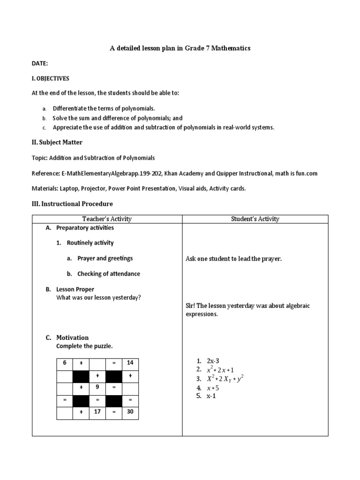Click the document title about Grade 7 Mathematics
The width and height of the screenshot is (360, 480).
click(x=180, y=48)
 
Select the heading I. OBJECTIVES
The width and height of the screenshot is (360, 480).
click(x=50, y=78)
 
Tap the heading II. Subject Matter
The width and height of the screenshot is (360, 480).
click(x=57, y=142)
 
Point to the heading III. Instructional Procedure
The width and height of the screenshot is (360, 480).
click(x=72, y=204)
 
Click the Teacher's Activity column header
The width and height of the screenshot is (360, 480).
click(x=107, y=219)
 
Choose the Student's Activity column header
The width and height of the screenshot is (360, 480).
click(x=255, y=219)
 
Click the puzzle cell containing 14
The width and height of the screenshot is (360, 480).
click(x=130, y=363)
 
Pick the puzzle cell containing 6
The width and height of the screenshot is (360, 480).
click(x=65, y=363)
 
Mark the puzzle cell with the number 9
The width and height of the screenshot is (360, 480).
click(x=97, y=388)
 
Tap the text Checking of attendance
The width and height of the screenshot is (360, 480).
click(x=108, y=274)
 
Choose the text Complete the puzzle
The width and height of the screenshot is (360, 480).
click(x=84, y=346)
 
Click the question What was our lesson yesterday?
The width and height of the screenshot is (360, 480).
click(x=98, y=297)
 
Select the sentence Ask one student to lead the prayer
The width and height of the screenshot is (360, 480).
click(x=233, y=259)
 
